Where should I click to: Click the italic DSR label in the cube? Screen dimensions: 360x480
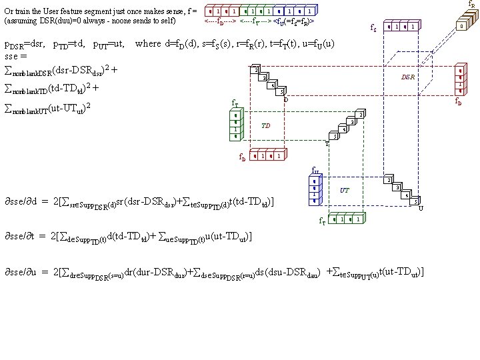click(407, 77)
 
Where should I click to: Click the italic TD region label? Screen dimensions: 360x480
click(265, 125)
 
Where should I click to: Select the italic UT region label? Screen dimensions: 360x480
click(345, 190)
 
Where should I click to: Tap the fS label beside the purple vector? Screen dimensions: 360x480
click(374, 28)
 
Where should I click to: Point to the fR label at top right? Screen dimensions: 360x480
click(472, 4)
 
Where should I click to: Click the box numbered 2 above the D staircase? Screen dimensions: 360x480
click(255, 71)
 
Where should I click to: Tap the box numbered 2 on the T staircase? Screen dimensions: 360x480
click(361, 115)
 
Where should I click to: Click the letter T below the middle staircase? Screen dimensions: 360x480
click(327, 143)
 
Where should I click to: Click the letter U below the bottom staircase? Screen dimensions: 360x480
click(421, 208)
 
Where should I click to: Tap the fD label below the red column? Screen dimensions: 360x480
click(459, 101)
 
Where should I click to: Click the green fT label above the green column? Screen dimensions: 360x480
click(234, 103)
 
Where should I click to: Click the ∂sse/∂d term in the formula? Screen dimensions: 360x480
click(23, 201)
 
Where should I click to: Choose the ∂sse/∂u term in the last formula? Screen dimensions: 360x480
click(23, 272)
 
